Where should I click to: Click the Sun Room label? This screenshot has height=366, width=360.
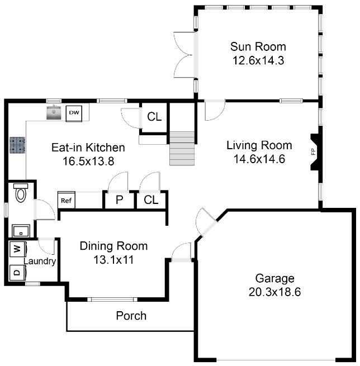click(258, 47)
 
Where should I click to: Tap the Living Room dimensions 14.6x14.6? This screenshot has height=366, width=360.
click(259, 159)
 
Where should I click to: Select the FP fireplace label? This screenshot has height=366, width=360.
click(313, 152)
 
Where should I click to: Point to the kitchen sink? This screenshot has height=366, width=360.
click(54, 112)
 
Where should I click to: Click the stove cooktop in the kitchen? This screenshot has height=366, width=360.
click(17, 145)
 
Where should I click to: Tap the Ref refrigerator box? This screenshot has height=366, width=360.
click(67, 200)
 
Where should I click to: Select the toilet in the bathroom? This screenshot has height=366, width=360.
click(21, 193)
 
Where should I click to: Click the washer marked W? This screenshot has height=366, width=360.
click(18, 249)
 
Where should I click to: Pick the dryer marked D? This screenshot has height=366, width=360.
click(18, 273)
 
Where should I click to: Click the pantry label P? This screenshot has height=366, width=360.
click(119, 200)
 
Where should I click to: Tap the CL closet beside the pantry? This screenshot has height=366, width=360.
click(151, 200)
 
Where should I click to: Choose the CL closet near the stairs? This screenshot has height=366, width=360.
click(154, 116)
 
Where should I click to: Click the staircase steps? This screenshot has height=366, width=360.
click(182, 149)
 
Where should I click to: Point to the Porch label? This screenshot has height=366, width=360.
click(131, 316)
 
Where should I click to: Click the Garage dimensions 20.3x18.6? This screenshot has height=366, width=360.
click(274, 292)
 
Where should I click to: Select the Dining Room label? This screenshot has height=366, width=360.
click(113, 246)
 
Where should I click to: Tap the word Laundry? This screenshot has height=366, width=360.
click(40, 261)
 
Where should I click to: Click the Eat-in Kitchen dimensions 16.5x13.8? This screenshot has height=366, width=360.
click(88, 161)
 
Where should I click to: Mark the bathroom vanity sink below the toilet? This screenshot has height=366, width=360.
click(21, 231)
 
